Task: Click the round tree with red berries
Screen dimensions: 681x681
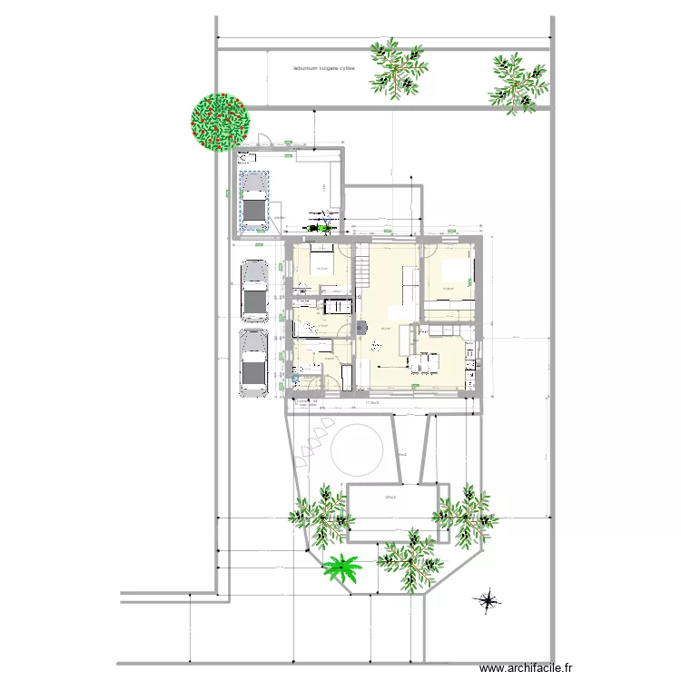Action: click(x=219, y=122)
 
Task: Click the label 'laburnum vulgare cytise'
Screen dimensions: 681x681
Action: click(x=323, y=68)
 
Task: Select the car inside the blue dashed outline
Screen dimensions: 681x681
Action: click(x=253, y=200)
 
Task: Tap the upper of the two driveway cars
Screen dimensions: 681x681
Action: click(x=255, y=291)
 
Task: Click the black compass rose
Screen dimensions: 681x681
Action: click(x=489, y=599)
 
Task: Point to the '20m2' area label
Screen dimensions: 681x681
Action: click(x=391, y=498)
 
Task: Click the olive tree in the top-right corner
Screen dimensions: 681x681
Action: click(x=518, y=83)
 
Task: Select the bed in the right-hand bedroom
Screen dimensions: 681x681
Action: click(x=460, y=273)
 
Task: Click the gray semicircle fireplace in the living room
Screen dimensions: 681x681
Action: click(x=361, y=325)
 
